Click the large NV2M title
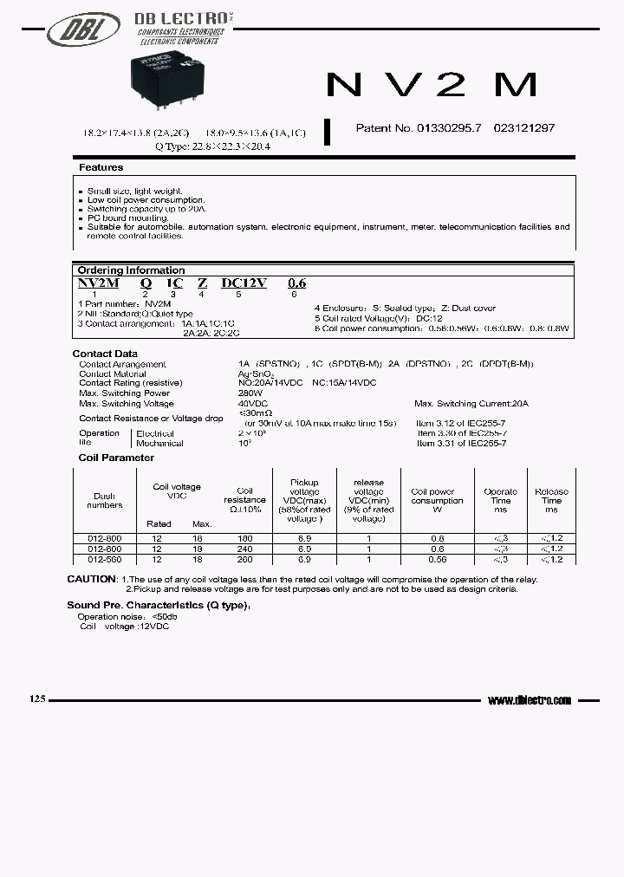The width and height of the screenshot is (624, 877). (x=432, y=84)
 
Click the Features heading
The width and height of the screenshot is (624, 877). (x=101, y=167)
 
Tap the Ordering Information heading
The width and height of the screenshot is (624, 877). (x=131, y=270)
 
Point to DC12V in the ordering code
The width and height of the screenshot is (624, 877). (x=244, y=283)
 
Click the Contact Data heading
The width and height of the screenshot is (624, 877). (x=105, y=354)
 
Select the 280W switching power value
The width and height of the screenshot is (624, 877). (x=250, y=393)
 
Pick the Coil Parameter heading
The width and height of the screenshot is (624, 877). (x=116, y=458)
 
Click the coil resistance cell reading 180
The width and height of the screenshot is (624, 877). (x=244, y=539)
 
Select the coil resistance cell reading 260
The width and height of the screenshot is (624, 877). (x=244, y=559)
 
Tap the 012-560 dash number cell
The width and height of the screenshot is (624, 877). (x=104, y=559)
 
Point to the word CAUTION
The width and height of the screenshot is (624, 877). (x=91, y=579)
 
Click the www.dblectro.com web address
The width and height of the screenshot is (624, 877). (x=530, y=700)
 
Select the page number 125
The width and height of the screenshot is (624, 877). (x=36, y=699)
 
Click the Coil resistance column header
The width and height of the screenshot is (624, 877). (x=244, y=500)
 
